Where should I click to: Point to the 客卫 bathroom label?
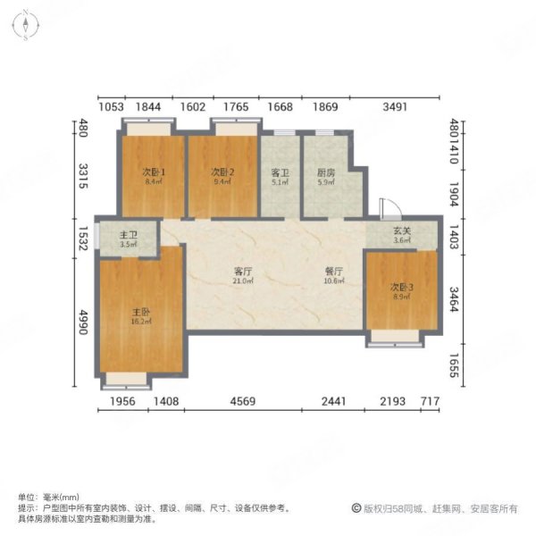pos(280,172)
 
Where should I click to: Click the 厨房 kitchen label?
pos(325,172)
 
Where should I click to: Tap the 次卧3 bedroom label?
pos(401,288)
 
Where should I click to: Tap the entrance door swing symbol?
pos(388,207)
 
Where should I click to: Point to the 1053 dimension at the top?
pos(110,107)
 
